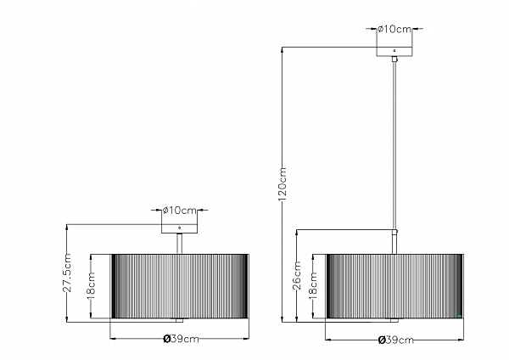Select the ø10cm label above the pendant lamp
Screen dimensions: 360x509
click(x=394, y=29)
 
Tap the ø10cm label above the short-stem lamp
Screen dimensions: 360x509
click(x=180, y=209)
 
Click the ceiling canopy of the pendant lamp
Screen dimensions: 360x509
click(x=394, y=50)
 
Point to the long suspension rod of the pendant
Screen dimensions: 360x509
click(x=394, y=144)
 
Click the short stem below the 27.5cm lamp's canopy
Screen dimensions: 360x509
click(x=179, y=243)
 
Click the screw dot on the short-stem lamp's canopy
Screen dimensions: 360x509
click(x=179, y=229)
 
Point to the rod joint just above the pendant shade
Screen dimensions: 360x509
click(x=394, y=231)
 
